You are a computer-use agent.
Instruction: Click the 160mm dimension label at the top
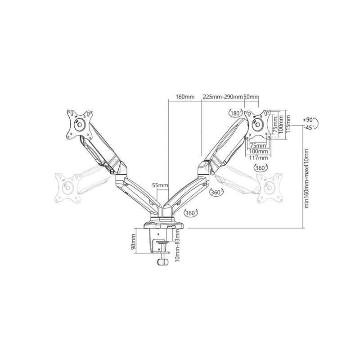[185, 97]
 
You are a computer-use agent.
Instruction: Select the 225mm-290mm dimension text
[222, 97]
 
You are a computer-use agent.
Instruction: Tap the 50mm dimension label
[251, 97]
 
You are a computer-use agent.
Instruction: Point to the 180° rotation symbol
[236, 113]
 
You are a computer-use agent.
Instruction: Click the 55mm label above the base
[160, 185]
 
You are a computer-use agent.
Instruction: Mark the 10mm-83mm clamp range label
[177, 245]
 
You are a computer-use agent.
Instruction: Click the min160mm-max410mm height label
[307, 178]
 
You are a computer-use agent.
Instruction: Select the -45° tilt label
[308, 128]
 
